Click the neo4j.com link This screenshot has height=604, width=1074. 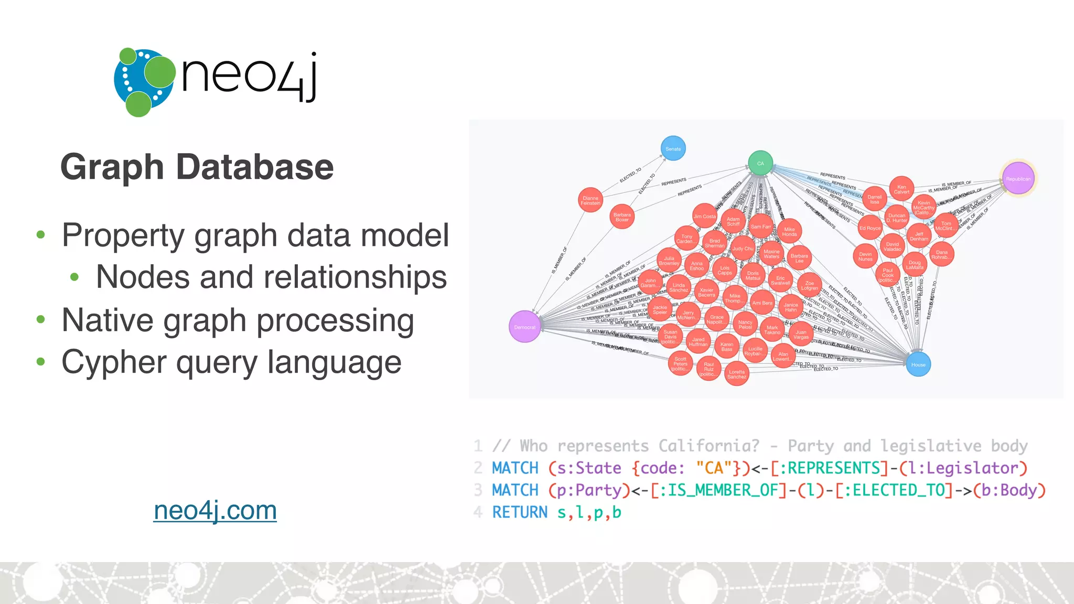coord(215,510)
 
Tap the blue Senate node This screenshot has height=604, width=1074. coord(673,149)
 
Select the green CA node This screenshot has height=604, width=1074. coord(760,164)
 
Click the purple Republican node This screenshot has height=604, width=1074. coord(1018,179)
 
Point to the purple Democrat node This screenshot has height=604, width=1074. coord(524,327)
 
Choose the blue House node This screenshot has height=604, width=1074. coord(918,364)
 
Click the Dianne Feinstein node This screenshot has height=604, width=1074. coord(590,200)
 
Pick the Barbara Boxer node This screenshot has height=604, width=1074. coord(622,217)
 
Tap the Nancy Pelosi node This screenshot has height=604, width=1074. coord(745,325)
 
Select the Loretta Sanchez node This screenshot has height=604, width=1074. coord(737,374)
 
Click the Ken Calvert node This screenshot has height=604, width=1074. coord(901,189)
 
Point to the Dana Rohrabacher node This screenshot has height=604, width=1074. coord(942,254)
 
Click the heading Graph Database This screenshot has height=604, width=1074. coord(197,167)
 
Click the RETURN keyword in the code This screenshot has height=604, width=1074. coord(519,512)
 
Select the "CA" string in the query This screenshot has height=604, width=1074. coord(714,468)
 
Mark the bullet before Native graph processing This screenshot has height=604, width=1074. coord(41,319)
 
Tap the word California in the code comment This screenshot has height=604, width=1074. coord(708,446)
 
